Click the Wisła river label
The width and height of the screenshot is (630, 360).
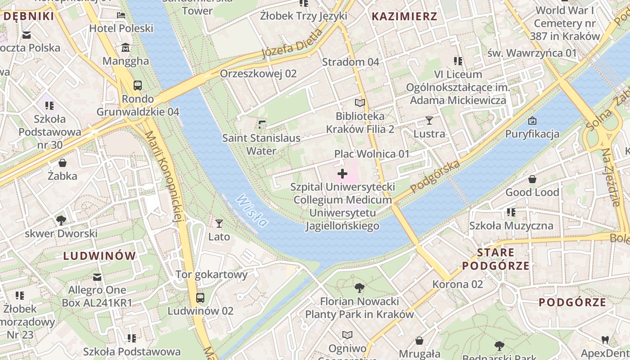tap(252, 211)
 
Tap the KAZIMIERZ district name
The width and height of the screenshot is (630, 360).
tap(404, 17)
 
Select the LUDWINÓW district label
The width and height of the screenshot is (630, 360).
tap(99, 256)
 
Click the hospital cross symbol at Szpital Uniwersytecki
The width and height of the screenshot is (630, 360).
tap(342, 173)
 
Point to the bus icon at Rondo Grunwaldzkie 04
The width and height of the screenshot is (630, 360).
tap(138, 85)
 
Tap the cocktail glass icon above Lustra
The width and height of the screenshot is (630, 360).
tap(429, 121)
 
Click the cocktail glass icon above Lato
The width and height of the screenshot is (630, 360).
tap(219, 224)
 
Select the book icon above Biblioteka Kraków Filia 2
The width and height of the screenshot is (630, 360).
tap(360, 103)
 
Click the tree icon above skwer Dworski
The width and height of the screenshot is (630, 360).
tap(61, 220)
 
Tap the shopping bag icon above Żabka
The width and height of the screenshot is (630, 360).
tap(63, 163)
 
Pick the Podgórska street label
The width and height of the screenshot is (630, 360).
tap(435, 176)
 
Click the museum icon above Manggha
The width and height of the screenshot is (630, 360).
tap(126, 48)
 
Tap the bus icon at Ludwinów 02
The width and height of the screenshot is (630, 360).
tap(200, 298)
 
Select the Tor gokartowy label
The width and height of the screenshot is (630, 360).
tap(211, 274)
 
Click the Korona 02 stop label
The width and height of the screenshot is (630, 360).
tap(457, 284)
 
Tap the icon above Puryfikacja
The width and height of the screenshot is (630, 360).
tap(532, 121)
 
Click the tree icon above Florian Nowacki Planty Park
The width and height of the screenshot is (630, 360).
tap(359, 288)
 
